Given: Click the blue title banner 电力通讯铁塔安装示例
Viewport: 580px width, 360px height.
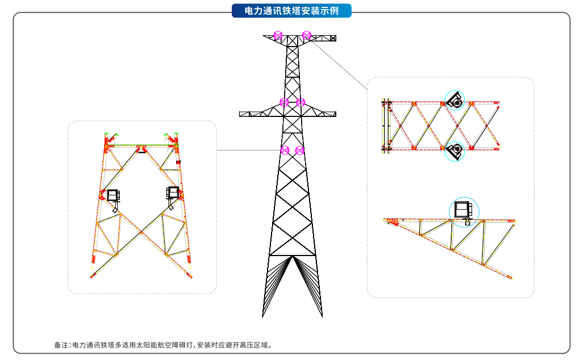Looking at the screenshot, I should (291, 11).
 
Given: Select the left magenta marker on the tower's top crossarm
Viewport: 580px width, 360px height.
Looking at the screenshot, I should (278, 36).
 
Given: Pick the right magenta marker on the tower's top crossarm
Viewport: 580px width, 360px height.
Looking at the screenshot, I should (306, 36).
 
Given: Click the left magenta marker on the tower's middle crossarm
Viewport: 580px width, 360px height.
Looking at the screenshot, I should (284, 102).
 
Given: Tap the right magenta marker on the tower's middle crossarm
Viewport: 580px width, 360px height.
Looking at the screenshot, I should (301, 102).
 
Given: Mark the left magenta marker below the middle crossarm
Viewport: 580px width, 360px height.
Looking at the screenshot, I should (284, 150).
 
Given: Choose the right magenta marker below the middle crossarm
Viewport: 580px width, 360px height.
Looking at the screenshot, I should (300, 150).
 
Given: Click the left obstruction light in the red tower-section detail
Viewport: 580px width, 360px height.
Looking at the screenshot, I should (114, 196).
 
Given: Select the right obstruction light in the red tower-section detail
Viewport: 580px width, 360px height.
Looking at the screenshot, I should (172, 193).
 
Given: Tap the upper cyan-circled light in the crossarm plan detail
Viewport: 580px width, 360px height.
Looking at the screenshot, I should (454, 100).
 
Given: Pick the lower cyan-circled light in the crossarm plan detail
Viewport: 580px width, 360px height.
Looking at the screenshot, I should (454, 151).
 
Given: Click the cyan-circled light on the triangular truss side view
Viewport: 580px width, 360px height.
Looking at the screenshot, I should (464, 210).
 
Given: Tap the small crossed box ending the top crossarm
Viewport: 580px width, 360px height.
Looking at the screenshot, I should (333, 38).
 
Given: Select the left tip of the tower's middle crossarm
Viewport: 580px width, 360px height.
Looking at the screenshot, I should (241, 114).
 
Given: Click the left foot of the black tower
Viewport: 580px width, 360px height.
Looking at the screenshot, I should (263, 315).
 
